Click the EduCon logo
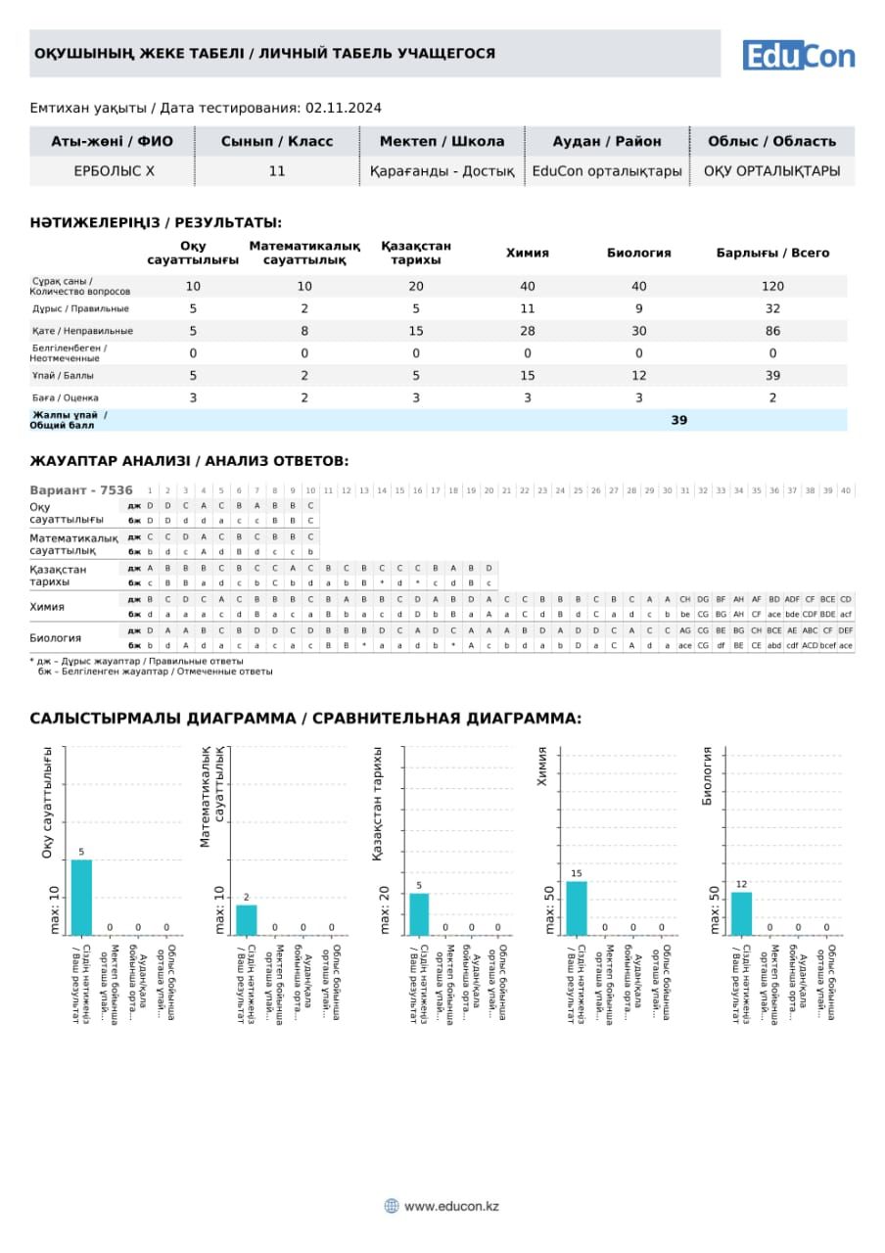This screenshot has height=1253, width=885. click(798, 55)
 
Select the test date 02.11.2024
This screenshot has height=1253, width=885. click(344, 108)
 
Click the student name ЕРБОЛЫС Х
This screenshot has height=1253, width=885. click(114, 171)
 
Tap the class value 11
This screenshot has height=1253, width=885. click(277, 171)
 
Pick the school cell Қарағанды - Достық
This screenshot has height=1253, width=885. click(442, 171)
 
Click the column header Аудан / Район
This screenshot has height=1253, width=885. click(606, 141)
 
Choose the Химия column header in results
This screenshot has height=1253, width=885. click(527, 253)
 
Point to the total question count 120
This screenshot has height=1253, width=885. click(772, 286)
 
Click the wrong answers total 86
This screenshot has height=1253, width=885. click(772, 331)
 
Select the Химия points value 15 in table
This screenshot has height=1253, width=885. click(528, 376)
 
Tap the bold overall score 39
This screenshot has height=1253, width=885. click(679, 420)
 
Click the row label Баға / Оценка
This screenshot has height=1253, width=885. click(66, 398)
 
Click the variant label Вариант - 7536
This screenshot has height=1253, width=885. click(81, 490)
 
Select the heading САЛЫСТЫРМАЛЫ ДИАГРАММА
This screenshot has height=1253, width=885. click(163, 719)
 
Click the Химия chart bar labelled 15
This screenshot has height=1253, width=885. click(577, 908)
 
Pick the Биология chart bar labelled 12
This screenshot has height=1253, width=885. click(742, 913)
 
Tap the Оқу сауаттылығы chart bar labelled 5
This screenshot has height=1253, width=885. click(81, 897)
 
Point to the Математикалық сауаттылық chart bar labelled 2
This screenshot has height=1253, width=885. click(247, 920)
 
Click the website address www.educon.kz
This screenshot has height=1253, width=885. click(451, 1206)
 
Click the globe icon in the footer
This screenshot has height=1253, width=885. click(392, 1206)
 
